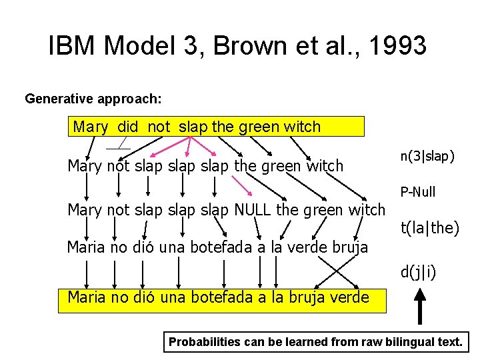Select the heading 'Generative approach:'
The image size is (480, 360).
[93, 99]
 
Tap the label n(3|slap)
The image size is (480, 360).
[427, 156]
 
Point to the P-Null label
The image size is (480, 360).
[418, 192]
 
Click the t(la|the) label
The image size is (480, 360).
[429, 228]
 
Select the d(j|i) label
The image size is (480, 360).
[418, 272]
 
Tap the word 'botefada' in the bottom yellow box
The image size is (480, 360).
[206, 297]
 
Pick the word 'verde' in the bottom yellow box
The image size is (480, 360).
[347, 297]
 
